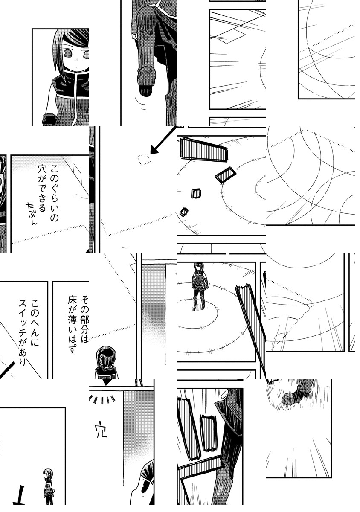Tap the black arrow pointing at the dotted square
click(x=163, y=140)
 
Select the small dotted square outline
click(x=144, y=159)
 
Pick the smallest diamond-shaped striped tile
click(x=184, y=212)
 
